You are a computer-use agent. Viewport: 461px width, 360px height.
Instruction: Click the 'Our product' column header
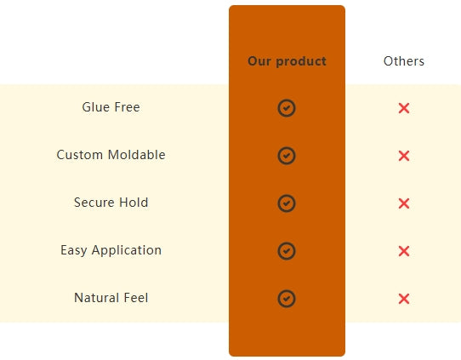point(287,61)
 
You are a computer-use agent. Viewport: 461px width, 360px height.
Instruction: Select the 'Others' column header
point(404,61)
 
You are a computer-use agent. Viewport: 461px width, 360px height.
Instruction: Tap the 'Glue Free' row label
point(111,107)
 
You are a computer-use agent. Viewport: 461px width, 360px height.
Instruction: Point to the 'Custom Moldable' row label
point(111,155)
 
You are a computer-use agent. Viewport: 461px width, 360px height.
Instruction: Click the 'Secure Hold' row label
point(111,203)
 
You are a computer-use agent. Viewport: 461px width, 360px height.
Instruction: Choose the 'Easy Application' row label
point(111,250)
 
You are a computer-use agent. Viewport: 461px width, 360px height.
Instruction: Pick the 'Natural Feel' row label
point(111,298)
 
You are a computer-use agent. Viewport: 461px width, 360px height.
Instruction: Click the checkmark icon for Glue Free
point(287,108)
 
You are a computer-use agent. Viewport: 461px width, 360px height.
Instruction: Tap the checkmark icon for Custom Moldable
point(287,156)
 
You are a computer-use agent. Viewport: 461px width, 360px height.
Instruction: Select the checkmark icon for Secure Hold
point(287,203)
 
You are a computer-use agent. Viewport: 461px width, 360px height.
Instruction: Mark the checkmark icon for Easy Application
point(287,251)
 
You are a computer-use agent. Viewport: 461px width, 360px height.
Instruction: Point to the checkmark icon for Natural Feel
point(287,299)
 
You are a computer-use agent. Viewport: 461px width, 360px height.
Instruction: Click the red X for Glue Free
point(404,108)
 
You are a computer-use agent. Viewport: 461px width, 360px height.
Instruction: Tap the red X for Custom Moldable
point(404,156)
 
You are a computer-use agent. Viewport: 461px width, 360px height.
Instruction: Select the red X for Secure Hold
point(404,203)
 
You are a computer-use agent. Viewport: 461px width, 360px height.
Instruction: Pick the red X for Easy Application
point(404,251)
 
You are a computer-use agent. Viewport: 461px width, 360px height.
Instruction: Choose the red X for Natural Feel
point(404,299)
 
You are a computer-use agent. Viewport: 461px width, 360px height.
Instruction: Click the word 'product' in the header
point(301,62)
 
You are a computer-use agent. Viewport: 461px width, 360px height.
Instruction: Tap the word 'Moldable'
point(137,155)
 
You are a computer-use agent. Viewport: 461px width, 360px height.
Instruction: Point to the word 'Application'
point(127,251)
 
